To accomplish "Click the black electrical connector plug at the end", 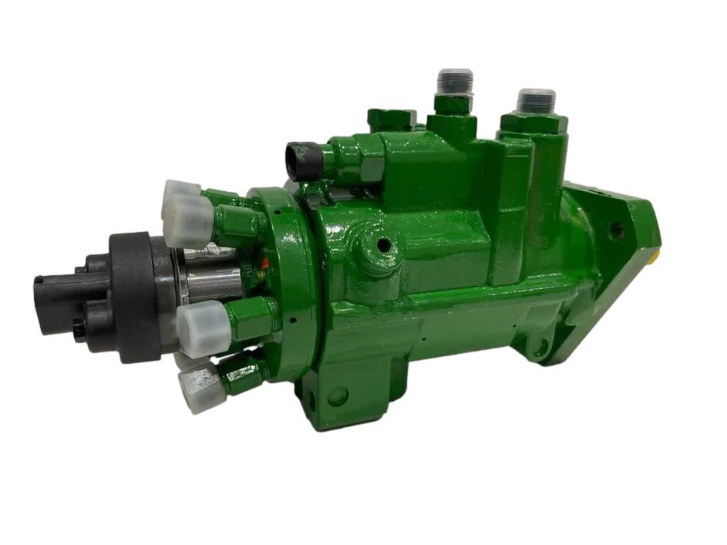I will (x=58, y=301).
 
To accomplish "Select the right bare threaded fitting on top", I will (x=536, y=101).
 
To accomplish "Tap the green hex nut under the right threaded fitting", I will (x=534, y=123).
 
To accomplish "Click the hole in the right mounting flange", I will (x=615, y=229).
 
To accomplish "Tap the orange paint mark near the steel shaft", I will (x=264, y=263).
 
